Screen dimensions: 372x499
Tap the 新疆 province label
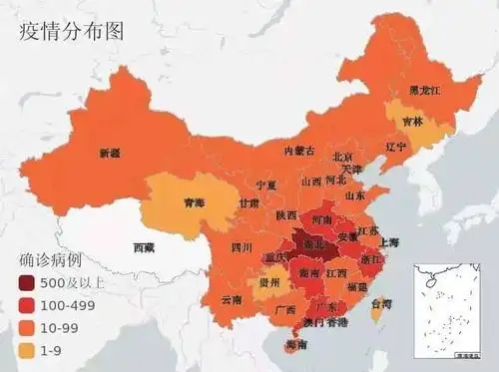pos(110,154)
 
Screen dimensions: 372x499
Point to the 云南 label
pos(232,299)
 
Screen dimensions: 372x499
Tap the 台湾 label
pos(381,303)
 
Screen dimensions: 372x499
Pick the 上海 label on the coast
pos(388,242)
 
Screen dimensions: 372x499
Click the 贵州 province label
pos(268,283)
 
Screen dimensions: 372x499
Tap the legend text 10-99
pos(61,325)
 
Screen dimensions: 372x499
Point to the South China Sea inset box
pos(447,310)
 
